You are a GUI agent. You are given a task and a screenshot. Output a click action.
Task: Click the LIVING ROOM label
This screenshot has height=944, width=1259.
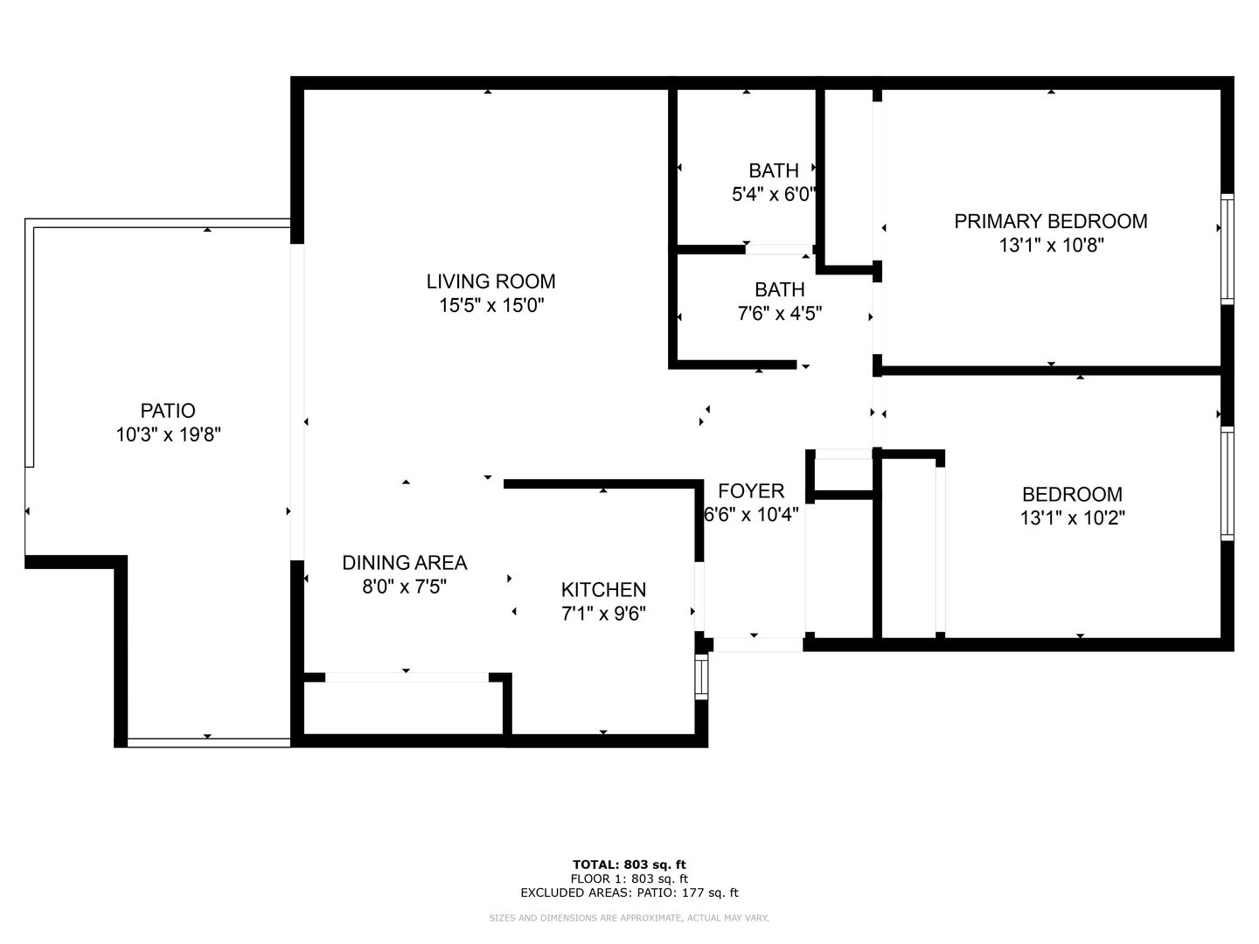[490, 281]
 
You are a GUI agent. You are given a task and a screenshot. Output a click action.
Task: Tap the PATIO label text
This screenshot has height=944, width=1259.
[168, 411]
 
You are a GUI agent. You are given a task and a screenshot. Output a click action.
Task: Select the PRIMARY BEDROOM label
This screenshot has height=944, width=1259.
[1050, 221]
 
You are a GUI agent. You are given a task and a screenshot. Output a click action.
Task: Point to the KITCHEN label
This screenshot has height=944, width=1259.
[603, 590]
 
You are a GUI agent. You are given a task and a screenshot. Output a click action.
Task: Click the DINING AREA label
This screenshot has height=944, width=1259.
[405, 563]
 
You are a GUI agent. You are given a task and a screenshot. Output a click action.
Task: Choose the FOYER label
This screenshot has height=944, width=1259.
[751, 491]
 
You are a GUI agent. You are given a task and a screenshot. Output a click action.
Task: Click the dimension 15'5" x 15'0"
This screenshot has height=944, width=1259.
[491, 306]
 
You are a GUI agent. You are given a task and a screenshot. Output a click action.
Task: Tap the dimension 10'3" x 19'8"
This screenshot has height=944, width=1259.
[169, 435]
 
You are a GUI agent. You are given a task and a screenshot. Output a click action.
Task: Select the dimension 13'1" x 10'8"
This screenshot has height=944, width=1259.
[1052, 246]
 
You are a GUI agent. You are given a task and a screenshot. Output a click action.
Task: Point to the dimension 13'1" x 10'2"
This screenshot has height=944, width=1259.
[1072, 518]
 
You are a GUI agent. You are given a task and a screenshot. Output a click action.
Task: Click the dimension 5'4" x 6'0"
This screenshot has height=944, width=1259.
[773, 195]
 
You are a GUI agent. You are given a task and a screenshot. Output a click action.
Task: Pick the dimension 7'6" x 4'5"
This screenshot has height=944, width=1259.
[780, 314]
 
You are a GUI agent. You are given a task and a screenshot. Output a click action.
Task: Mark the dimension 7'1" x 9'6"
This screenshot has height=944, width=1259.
[603, 614]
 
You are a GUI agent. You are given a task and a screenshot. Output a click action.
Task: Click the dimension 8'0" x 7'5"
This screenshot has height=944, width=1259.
[405, 587]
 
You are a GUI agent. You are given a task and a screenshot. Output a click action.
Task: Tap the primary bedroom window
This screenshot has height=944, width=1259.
[1227, 249]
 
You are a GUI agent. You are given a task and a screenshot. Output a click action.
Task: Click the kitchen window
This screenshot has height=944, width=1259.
[701, 677]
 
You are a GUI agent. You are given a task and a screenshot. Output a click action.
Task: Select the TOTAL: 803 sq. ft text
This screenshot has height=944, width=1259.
[629, 864]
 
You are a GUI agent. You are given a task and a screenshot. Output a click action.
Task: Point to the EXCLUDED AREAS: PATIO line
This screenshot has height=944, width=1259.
[629, 892]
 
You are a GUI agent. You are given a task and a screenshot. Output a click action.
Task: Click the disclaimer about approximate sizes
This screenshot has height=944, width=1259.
[629, 918]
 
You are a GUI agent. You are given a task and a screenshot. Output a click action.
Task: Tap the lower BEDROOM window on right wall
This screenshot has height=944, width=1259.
[1227, 483]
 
